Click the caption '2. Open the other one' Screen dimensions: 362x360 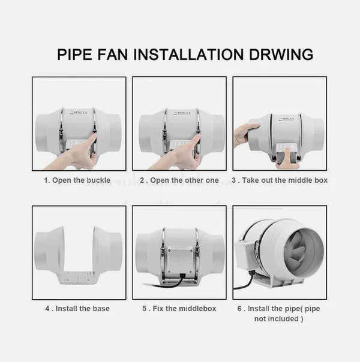coord(179,180)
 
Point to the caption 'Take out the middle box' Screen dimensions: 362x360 coord(284,180)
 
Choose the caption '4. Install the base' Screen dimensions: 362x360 coord(77,309)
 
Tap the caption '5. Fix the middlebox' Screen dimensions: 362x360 coord(179,309)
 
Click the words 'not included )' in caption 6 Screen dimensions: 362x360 coord(279,319)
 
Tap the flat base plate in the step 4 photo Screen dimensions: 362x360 coord(79,277)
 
